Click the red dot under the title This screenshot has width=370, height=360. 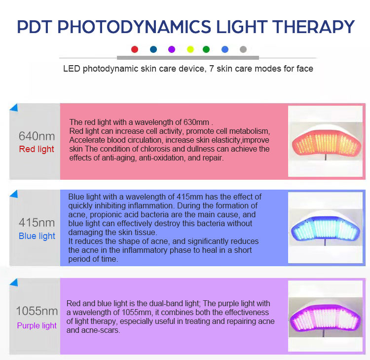point(135,49)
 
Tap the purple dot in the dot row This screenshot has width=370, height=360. point(172,49)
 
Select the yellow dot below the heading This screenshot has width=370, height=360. point(190,49)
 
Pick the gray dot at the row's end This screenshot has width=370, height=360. point(243,49)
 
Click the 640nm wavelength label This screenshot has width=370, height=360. point(37,136)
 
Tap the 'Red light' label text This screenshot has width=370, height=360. point(37,149)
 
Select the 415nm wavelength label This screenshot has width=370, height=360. point(37,222)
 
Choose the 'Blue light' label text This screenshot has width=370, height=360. point(37,236)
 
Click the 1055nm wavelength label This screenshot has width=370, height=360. point(37,311)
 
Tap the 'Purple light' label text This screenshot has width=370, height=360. point(37,325)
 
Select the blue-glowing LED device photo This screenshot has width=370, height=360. point(325,228)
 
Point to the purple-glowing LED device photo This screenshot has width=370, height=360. point(325,313)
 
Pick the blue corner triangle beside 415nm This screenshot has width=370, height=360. point(14,193)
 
